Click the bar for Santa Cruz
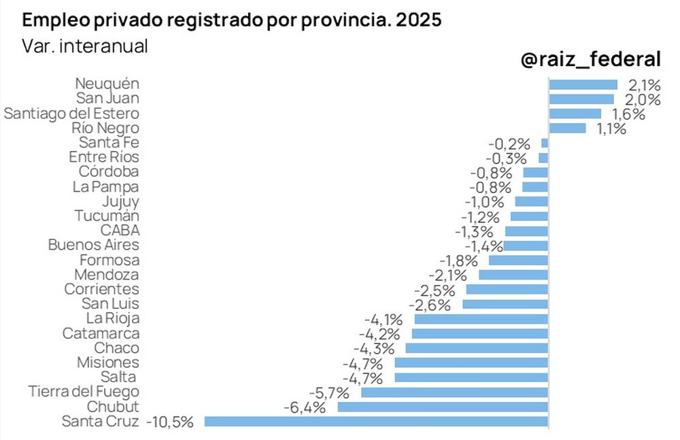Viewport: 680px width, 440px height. (x=376, y=421)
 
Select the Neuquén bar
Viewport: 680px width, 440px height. (x=583, y=84)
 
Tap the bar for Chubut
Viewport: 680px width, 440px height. (x=443, y=407)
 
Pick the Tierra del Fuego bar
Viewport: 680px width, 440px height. (x=454, y=392)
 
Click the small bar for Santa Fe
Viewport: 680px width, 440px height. (x=544, y=143)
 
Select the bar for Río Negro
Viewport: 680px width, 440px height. (x=567, y=128)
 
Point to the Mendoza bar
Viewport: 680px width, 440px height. (x=513, y=275)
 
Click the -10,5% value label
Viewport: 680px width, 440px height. (x=170, y=422)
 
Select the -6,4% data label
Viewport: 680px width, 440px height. (x=304, y=407)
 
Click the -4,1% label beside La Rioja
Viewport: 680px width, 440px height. (x=384, y=319)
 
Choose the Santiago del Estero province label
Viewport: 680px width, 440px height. (x=71, y=114)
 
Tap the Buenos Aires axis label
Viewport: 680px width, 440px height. (x=94, y=245)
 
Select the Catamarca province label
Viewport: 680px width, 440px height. (x=101, y=333)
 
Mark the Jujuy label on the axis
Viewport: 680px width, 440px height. (x=120, y=201)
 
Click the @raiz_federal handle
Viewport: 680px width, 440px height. (x=590, y=60)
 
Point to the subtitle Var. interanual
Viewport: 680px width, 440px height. (x=85, y=46)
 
